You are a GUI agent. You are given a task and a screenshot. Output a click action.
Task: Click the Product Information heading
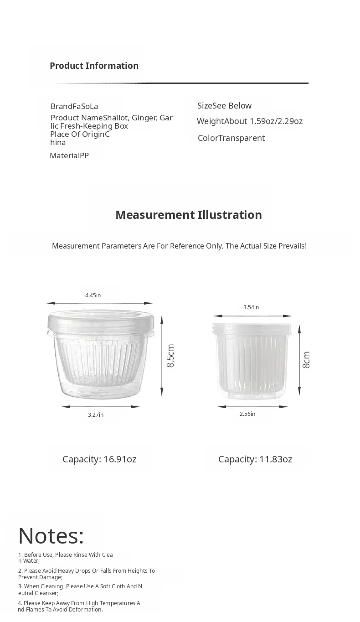(x=94, y=66)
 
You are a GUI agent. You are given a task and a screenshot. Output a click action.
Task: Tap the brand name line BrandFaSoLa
(x=74, y=106)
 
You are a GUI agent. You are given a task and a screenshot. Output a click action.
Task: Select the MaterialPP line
(x=69, y=155)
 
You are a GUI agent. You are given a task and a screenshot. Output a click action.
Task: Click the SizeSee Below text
(x=224, y=106)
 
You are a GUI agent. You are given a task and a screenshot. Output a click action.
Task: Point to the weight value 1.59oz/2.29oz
(x=276, y=121)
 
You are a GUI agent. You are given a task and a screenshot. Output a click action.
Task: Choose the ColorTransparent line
(x=231, y=138)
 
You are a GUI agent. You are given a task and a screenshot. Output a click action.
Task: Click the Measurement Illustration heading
(x=189, y=215)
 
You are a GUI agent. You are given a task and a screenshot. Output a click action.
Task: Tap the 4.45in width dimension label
(x=93, y=295)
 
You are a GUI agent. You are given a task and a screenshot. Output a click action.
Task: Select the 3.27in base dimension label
(x=96, y=415)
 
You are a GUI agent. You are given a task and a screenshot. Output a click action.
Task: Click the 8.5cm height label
(x=170, y=356)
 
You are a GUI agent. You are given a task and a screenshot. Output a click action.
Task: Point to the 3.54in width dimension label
(x=251, y=307)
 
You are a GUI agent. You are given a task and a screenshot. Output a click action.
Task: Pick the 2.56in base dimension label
(x=247, y=414)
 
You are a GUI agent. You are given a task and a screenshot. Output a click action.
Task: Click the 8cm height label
(x=306, y=359)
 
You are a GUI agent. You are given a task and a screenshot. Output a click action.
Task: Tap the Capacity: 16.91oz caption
(x=99, y=459)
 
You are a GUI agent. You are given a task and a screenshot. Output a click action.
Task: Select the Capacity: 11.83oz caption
(x=255, y=459)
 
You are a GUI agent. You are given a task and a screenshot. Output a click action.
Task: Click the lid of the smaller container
(x=252, y=329)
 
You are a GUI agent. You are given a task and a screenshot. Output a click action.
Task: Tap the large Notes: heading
(x=51, y=535)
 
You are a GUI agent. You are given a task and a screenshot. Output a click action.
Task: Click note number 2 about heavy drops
(x=87, y=574)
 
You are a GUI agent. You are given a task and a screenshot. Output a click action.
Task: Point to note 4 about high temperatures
(x=79, y=606)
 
